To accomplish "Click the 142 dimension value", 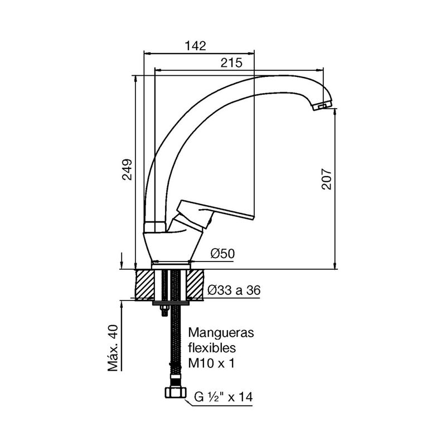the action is click(x=196, y=46).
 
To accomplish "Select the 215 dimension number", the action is click(x=231, y=62).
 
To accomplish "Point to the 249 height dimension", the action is click(x=127, y=169).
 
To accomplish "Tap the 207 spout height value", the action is click(x=327, y=179).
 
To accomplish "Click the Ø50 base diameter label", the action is click(x=222, y=254).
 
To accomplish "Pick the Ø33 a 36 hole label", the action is click(x=234, y=290).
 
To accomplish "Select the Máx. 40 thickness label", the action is click(x=113, y=348).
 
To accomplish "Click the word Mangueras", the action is click(x=221, y=332).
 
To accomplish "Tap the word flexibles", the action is click(x=212, y=347).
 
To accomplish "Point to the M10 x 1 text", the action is click(x=211, y=363).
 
